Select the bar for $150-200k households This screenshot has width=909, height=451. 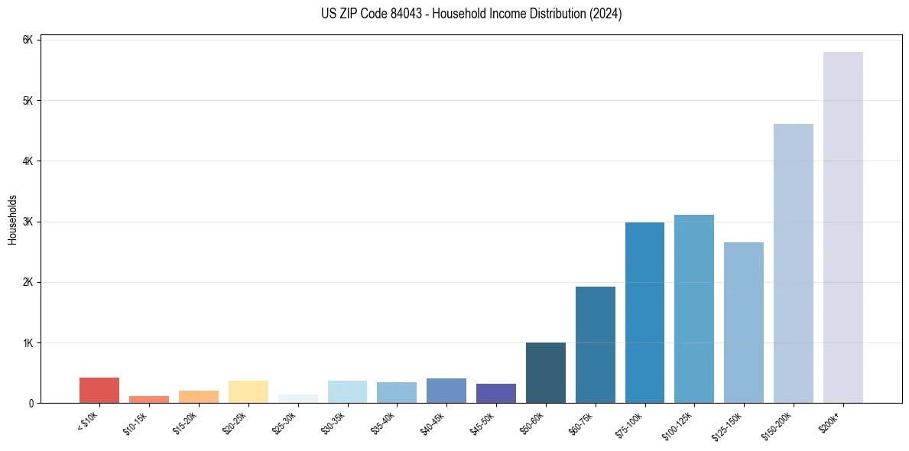[793, 263]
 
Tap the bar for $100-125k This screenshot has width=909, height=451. [694, 309]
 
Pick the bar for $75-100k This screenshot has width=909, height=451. [644, 313]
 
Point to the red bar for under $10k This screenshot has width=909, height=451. [99, 390]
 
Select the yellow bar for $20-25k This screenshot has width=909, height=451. [248, 391]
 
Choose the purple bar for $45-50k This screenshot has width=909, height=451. [495, 393]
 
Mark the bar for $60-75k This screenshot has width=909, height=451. [595, 345]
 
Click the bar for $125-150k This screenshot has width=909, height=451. [743, 323]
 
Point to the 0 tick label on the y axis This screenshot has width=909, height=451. [31, 403]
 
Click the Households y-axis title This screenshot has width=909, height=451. [12, 219]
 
